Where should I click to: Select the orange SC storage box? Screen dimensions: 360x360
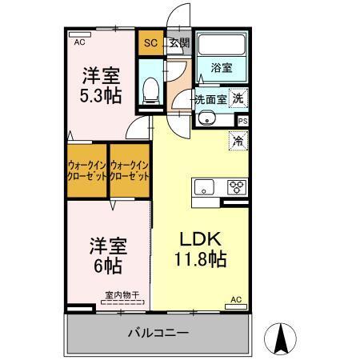tap(150, 43)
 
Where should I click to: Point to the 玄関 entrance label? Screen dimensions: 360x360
tap(179, 43)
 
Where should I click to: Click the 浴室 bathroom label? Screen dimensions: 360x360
tap(222, 70)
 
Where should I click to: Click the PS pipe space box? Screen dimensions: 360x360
tap(241, 121)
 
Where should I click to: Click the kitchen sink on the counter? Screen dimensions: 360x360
tap(204, 189)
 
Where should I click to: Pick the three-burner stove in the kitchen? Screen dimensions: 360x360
tap(236, 189)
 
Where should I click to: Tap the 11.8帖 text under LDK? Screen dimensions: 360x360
tap(199, 258)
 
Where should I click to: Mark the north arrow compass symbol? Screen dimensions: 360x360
tap(282, 338)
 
